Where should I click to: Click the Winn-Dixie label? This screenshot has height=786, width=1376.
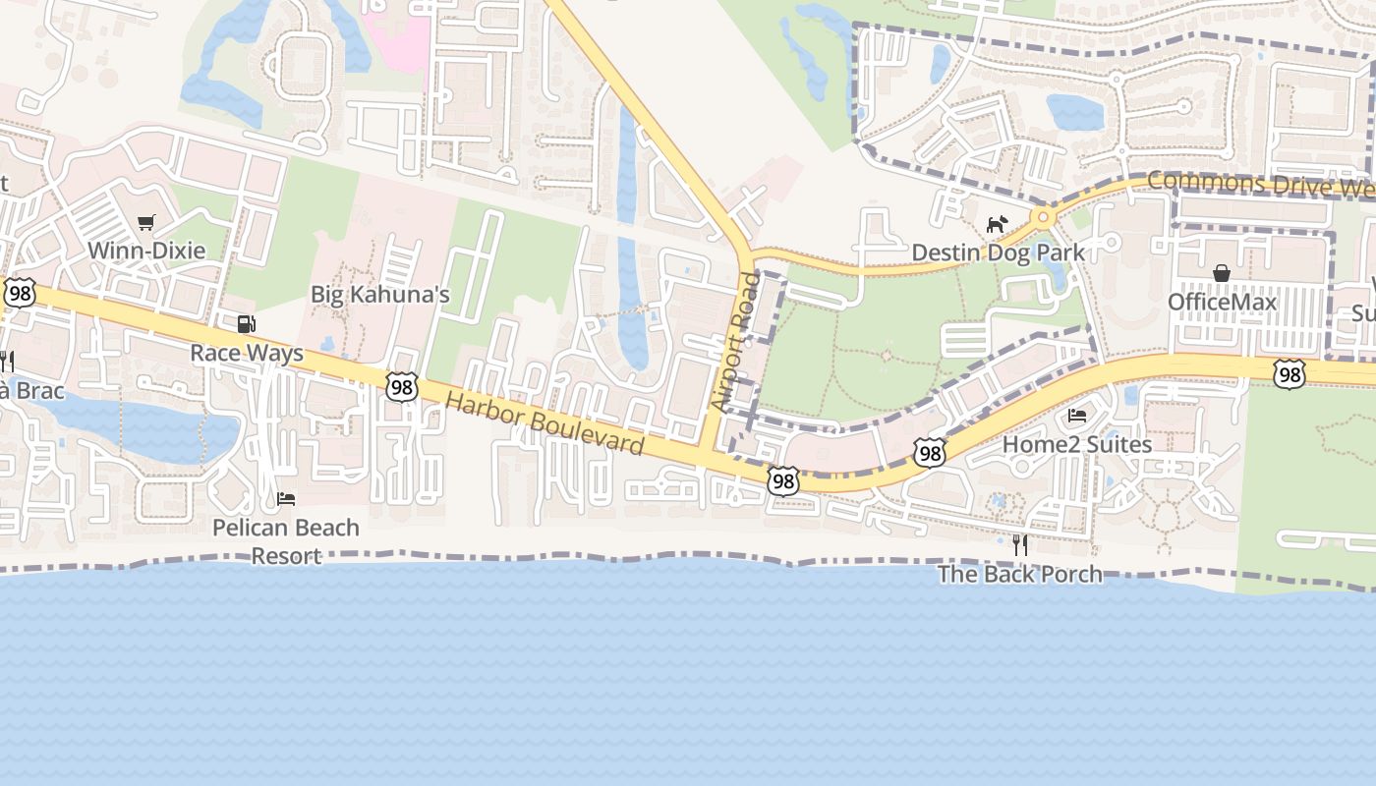(x=146, y=251)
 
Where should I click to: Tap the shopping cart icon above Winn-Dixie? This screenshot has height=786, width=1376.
(x=146, y=223)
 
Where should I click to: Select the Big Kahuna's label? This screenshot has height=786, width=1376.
(x=379, y=294)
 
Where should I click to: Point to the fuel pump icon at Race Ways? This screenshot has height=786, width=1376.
(x=246, y=324)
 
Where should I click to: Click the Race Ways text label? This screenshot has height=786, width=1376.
(x=247, y=353)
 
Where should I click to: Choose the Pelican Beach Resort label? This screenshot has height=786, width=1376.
(x=286, y=541)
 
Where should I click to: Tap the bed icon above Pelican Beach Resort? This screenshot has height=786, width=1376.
(x=286, y=499)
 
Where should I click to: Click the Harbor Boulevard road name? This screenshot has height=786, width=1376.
(x=545, y=423)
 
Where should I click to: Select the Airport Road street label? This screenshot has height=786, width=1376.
(x=735, y=343)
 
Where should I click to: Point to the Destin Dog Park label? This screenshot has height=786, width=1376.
(x=998, y=253)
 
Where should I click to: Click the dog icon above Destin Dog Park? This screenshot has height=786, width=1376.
(x=997, y=224)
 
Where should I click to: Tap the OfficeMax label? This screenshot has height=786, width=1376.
(x=1222, y=302)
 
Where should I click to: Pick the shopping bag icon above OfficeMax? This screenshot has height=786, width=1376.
(x=1222, y=272)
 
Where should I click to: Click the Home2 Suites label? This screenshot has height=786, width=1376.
(x=1076, y=444)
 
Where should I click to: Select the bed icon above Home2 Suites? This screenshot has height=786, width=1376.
(x=1077, y=415)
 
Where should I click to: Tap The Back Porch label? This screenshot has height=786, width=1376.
(x=1020, y=574)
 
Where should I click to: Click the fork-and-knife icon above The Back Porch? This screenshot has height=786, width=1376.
(x=1020, y=543)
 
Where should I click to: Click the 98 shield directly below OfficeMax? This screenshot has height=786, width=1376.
(x=1289, y=373)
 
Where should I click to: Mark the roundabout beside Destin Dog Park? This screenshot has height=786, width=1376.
(x=1042, y=216)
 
